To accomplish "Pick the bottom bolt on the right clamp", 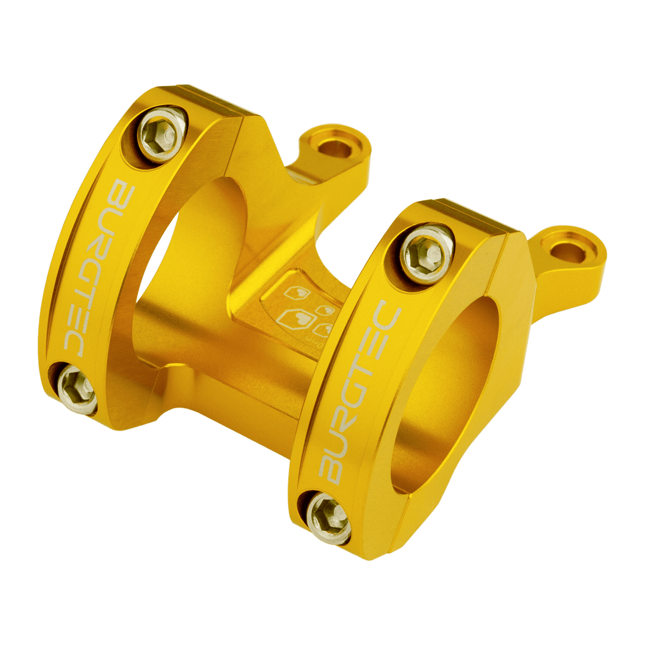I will tap(329, 516).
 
